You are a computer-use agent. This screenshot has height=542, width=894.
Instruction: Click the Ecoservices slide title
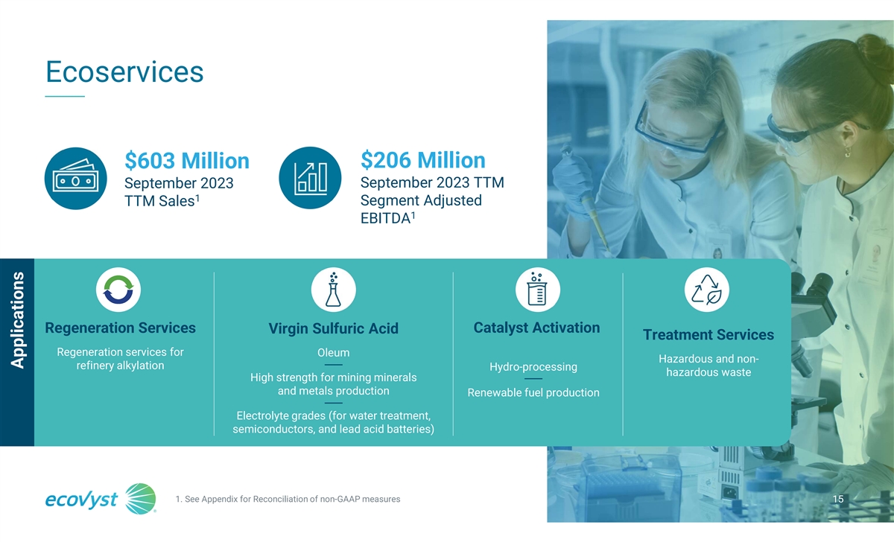click(x=124, y=72)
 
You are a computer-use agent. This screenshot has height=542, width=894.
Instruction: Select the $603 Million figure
click(x=187, y=161)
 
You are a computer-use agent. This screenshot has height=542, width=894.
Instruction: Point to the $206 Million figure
click(x=423, y=160)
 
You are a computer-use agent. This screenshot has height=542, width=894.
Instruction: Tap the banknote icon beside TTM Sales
click(x=76, y=179)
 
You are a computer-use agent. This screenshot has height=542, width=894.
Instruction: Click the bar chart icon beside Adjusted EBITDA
click(x=310, y=178)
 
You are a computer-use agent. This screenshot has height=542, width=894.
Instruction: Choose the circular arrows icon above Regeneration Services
click(x=118, y=290)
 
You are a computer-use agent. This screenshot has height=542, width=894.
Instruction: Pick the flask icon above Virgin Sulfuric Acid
click(x=333, y=290)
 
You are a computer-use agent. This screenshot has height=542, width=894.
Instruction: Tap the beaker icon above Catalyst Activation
click(x=538, y=290)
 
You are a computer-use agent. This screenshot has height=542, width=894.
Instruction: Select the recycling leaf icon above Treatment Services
click(x=707, y=290)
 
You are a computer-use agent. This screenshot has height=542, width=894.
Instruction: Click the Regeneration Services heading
click(x=120, y=328)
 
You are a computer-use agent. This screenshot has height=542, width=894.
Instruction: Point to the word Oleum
click(x=333, y=353)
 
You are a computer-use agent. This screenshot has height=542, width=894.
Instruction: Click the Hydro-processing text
click(x=533, y=367)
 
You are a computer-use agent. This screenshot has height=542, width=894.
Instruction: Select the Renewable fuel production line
click(x=533, y=393)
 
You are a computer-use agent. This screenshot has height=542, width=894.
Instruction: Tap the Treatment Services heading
click(x=708, y=335)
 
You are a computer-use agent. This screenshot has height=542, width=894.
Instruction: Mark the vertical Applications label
click(x=17, y=320)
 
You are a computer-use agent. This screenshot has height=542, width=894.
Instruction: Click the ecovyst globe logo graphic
click(x=141, y=499)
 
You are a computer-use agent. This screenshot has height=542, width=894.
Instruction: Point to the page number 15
click(x=838, y=499)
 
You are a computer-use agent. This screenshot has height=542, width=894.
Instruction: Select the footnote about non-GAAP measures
click(x=288, y=500)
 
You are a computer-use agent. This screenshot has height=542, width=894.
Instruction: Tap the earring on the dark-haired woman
click(x=847, y=150)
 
